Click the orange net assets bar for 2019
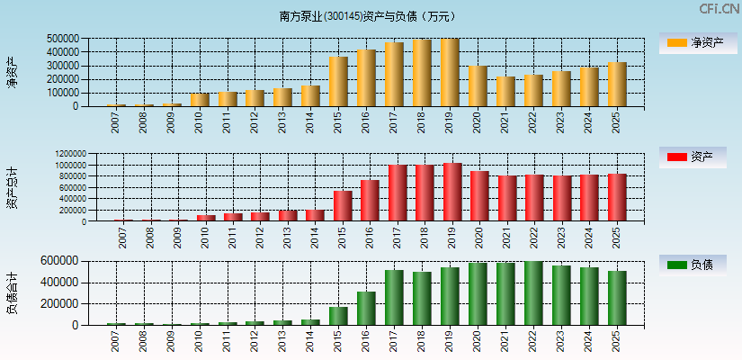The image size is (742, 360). (x=450, y=73)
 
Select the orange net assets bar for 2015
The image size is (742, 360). (x=338, y=82)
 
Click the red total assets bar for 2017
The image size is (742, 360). (x=398, y=193)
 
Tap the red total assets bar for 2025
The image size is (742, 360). (x=617, y=198)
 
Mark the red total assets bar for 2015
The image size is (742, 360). (x=343, y=206)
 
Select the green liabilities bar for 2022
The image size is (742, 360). (x=533, y=293)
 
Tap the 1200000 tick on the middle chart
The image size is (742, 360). (x=68, y=154)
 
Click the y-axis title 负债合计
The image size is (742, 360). (x=13, y=292)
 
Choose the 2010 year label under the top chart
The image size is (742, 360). (x=199, y=122)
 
